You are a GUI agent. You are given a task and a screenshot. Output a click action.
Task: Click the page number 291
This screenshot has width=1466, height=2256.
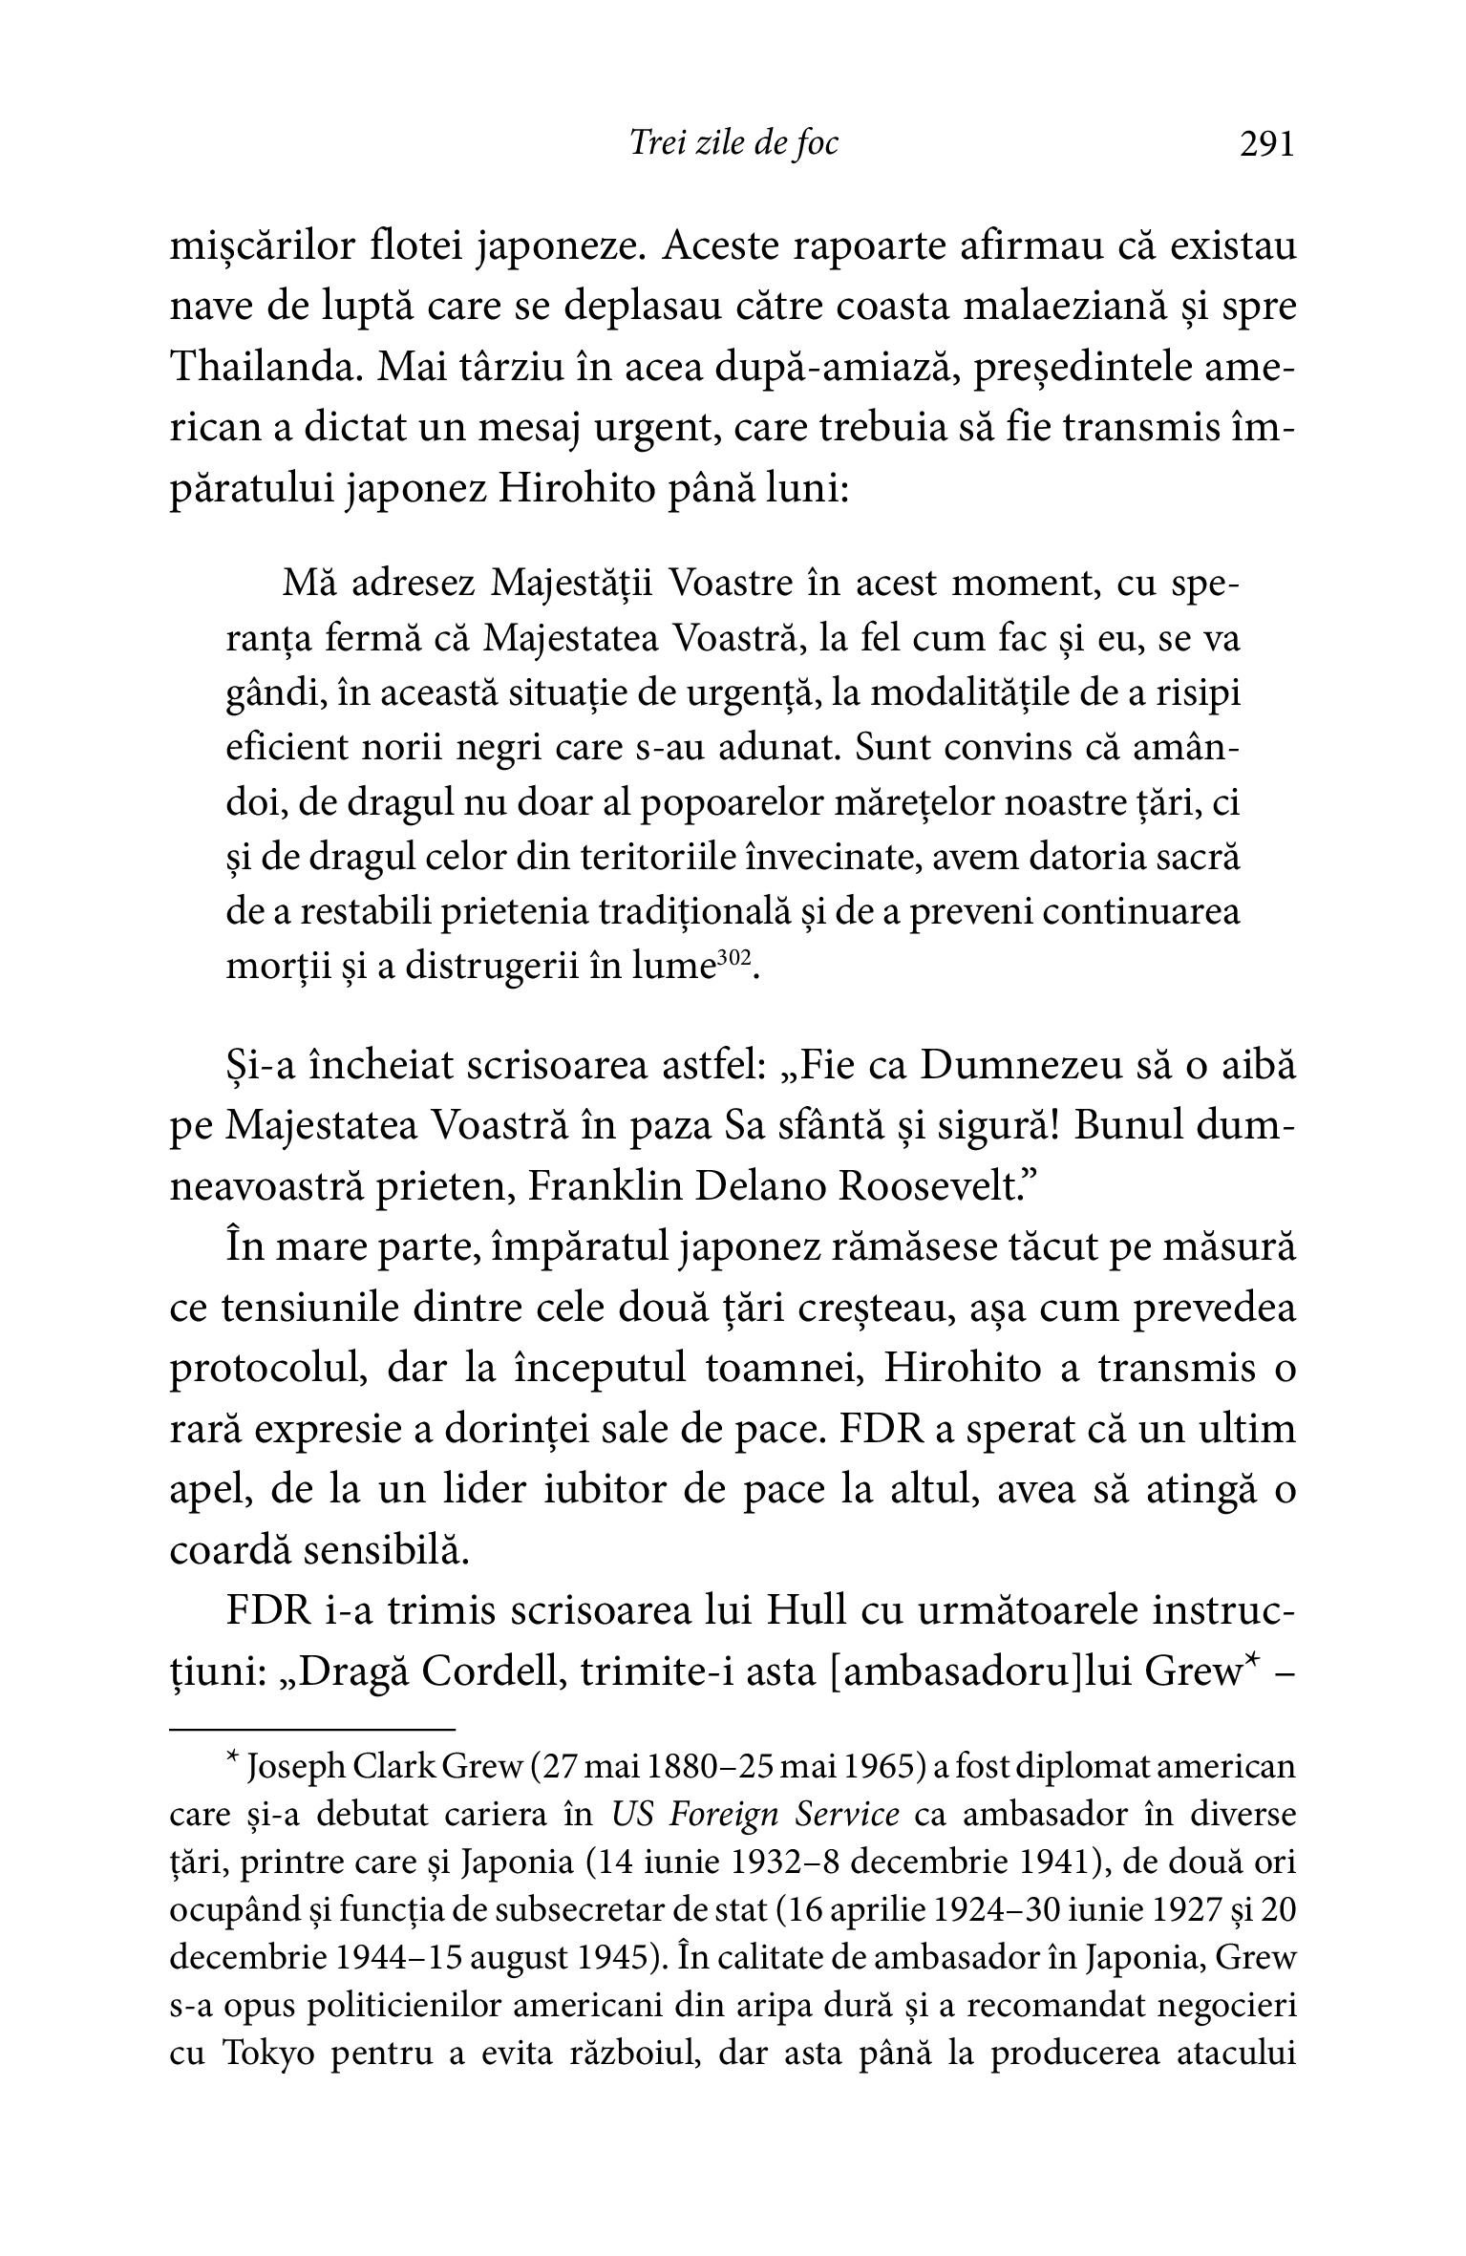click(x=1265, y=143)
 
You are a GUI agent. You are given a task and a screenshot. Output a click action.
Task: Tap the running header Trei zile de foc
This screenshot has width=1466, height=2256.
click(x=733, y=143)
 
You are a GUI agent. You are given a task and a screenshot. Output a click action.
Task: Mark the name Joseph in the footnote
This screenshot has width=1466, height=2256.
click(x=295, y=1769)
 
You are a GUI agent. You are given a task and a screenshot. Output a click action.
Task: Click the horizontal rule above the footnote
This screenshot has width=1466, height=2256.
click(x=312, y=1729)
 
